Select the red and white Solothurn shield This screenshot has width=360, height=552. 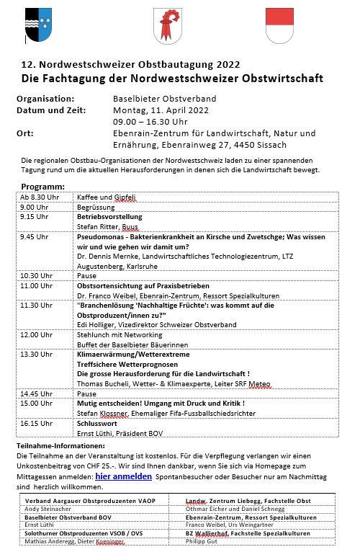(279, 27)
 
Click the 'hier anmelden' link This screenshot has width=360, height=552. (123, 476)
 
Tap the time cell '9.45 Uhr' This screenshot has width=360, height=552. (34, 236)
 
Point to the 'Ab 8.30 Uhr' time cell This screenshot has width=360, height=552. (38, 197)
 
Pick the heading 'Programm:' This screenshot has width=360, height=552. (43, 187)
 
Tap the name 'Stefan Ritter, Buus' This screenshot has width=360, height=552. (108, 226)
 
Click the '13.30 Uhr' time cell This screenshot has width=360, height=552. (35, 355)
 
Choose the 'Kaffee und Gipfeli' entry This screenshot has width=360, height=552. (107, 197)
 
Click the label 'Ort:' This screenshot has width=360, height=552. (25, 133)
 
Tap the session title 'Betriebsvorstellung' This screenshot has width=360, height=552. (109, 216)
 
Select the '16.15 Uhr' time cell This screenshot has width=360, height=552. (35, 424)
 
